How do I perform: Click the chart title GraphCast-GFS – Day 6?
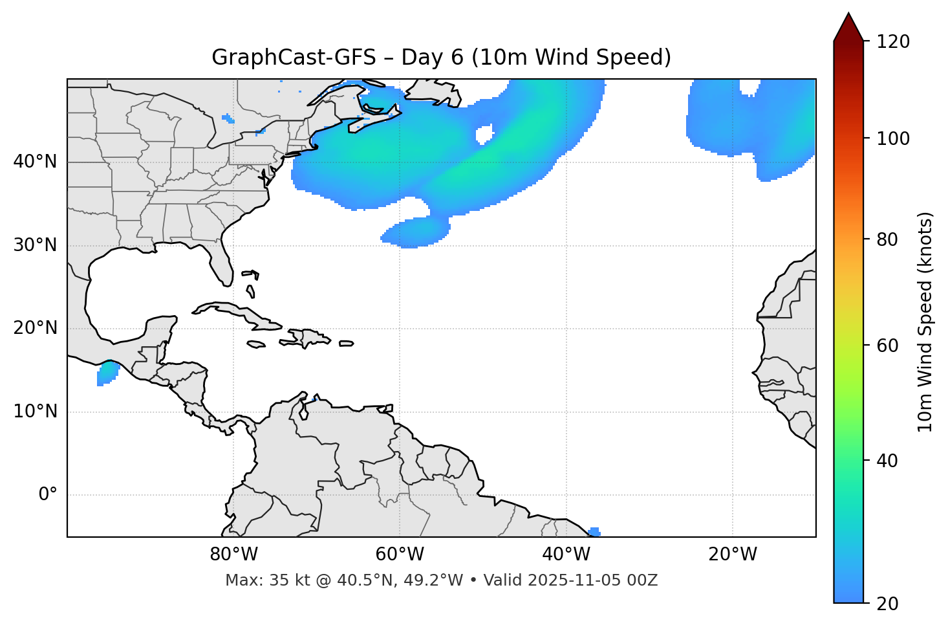[441, 58]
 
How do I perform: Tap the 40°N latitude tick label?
[35, 162]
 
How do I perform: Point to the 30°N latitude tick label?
[35, 245]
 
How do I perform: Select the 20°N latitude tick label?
[35, 328]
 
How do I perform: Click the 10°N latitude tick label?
[35, 412]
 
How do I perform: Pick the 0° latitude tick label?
[48, 495]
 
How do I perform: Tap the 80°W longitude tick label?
[233, 555]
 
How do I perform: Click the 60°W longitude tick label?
[400, 555]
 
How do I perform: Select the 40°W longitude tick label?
[566, 555]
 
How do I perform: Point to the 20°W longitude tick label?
[732, 555]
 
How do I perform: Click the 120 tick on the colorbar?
[892, 42]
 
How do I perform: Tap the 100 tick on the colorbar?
[892, 138]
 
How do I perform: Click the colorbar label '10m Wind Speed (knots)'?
[925, 322]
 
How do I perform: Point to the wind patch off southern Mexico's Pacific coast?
[107, 373]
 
